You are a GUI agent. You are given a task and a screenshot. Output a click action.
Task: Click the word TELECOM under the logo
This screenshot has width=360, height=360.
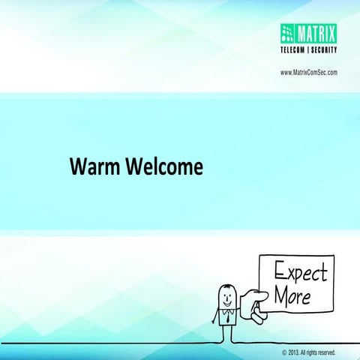point(295,50)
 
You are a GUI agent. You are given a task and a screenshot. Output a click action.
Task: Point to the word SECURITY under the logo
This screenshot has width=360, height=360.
point(324,50)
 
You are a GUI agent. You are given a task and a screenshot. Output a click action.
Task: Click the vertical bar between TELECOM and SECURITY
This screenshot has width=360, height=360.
point(309,50)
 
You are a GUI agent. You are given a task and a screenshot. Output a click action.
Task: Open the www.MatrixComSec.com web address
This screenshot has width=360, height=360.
point(308,72)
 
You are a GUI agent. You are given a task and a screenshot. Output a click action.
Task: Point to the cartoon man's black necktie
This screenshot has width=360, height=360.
point(225,315)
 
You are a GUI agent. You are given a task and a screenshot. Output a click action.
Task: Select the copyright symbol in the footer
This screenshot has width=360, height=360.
point(284,351)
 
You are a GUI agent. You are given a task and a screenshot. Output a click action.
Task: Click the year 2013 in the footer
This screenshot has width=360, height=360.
point(293,351)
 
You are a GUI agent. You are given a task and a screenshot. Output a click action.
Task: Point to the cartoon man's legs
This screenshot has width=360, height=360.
point(225,334)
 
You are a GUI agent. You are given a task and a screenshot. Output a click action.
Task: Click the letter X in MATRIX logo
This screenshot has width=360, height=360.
point(332,31)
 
